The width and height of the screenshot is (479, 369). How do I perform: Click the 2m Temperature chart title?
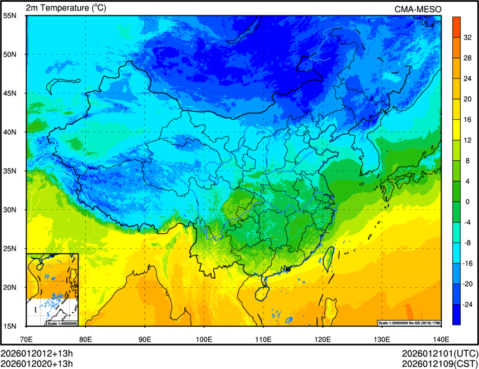66,8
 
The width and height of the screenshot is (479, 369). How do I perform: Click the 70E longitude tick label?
26,338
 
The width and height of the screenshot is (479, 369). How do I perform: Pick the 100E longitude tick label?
204,338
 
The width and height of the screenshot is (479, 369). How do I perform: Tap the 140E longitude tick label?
441,338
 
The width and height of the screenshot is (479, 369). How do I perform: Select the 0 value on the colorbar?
468,201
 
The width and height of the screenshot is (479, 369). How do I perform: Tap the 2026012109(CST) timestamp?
440,364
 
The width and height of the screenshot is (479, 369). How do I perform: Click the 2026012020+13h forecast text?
37,364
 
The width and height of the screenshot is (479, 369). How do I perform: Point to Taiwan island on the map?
328,257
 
